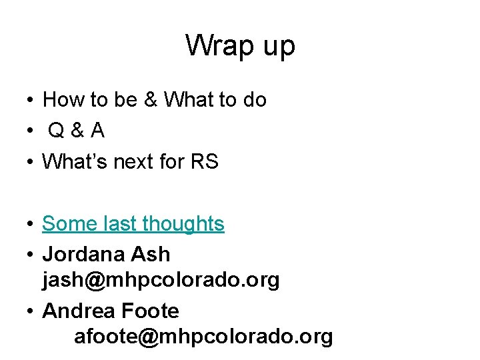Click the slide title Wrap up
click(x=240, y=46)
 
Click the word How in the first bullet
click(x=61, y=100)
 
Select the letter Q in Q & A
click(x=57, y=131)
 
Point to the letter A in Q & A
click(x=98, y=131)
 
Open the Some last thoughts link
click(x=133, y=224)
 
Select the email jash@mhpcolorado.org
click(x=161, y=280)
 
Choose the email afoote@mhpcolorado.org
click(x=203, y=337)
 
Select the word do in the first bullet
click(x=254, y=100)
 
